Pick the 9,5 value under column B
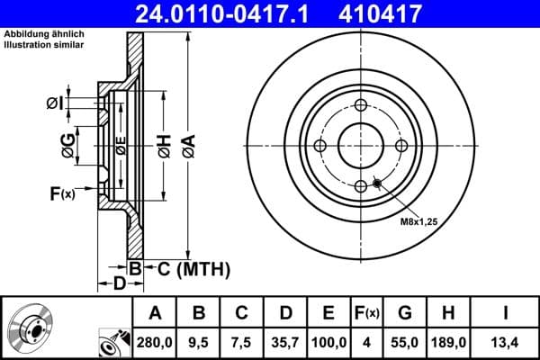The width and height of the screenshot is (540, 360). (199, 342)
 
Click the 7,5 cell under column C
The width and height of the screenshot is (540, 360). (241, 342)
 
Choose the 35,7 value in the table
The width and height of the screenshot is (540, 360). (285, 342)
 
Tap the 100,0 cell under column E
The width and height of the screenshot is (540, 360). (329, 342)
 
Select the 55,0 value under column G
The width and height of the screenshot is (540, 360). (405, 342)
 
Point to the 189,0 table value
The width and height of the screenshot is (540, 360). (453, 342)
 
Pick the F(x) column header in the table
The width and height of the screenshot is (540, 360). (366, 313)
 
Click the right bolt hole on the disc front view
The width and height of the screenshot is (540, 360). (400, 147)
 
